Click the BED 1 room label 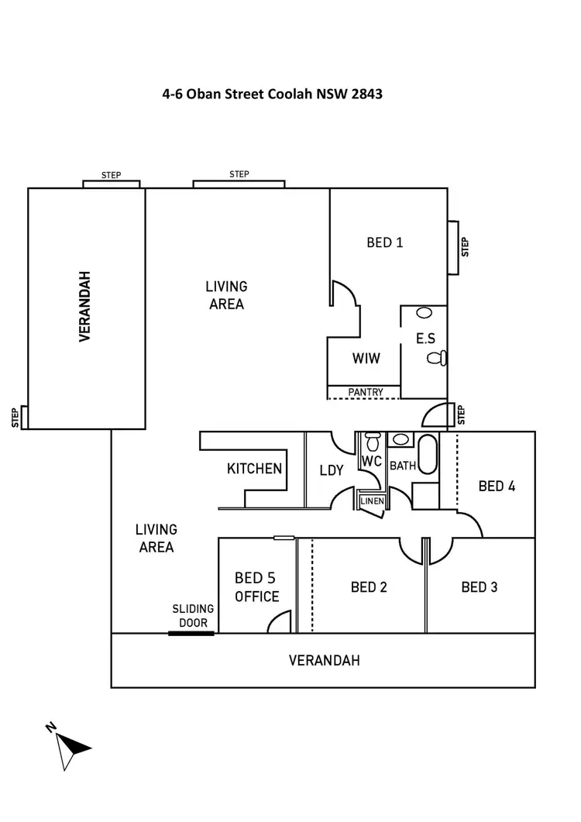[385, 242]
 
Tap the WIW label [365, 359]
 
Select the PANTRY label [365, 392]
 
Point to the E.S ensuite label [425, 339]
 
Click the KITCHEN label [254, 469]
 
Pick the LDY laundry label [332, 469]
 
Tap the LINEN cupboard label [372, 501]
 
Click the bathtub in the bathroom [428, 459]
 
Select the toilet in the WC [373, 442]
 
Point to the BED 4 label [497, 486]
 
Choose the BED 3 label [480, 586]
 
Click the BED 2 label [369, 586]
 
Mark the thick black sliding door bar [191, 634]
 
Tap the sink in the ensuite [424, 314]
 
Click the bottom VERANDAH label [324, 661]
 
